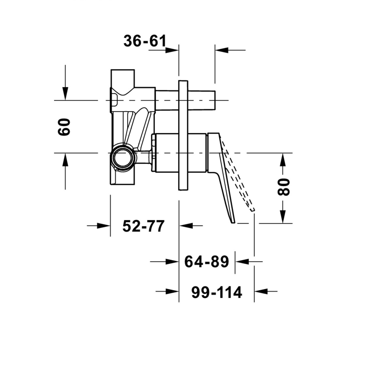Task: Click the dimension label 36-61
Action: tap(145, 41)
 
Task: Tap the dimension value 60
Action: tap(64, 127)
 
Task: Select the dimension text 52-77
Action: tap(143, 226)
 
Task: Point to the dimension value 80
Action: tap(283, 187)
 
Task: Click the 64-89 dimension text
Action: tap(207, 262)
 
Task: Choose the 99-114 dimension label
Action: tap(217, 292)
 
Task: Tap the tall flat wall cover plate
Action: tap(183, 135)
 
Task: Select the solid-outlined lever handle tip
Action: tap(233, 221)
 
